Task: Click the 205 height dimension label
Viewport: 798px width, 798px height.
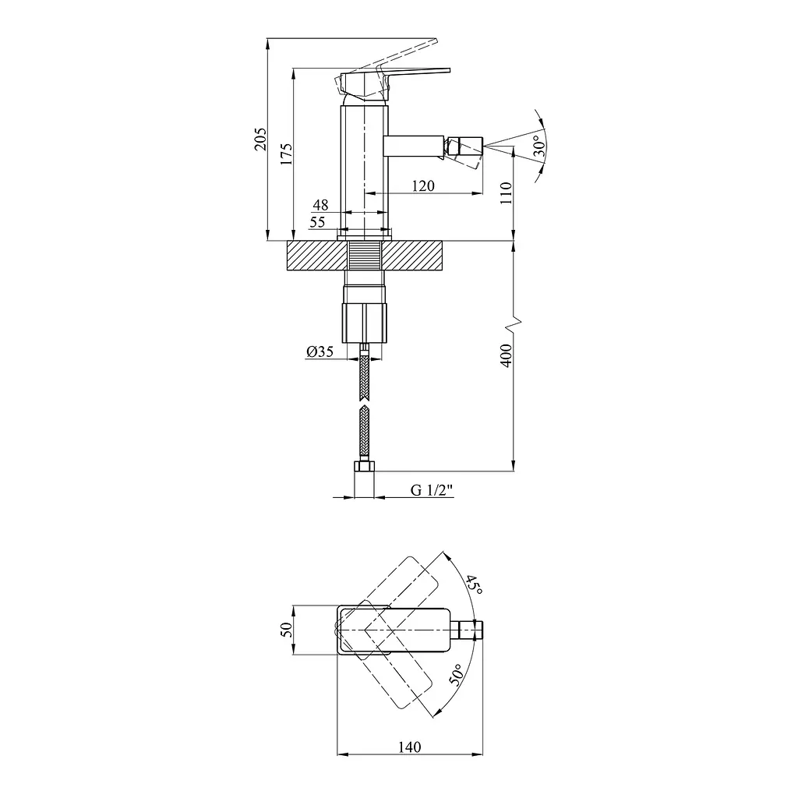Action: click(261, 139)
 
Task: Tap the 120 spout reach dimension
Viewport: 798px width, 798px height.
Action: click(423, 185)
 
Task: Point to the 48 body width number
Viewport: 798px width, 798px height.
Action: click(320, 204)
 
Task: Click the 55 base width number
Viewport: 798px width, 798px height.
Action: click(318, 222)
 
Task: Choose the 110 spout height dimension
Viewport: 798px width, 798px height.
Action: click(505, 192)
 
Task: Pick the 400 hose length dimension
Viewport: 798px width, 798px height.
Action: click(505, 355)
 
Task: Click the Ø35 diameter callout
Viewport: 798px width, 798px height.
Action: click(320, 351)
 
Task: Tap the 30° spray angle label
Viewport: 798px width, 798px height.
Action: click(538, 148)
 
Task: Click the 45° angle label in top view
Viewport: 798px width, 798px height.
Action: click(474, 585)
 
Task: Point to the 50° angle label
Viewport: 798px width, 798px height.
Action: click(456, 672)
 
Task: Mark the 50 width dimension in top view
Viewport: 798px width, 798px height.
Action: click(285, 630)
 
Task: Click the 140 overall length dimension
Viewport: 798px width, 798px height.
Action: click(409, 747)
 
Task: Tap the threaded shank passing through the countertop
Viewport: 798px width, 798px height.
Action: click(365, 256)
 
